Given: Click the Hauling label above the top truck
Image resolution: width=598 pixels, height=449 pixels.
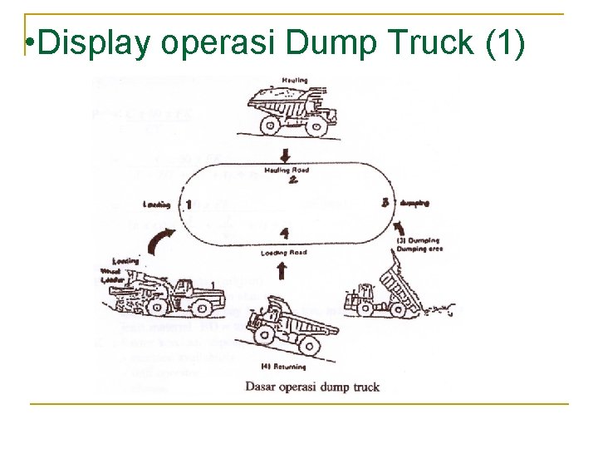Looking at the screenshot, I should click(x=295, y=81).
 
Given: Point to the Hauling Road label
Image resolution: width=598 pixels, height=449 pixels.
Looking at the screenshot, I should click(x=286, y=170).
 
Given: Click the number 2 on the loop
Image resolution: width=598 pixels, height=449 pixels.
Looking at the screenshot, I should click(x=292, y=182).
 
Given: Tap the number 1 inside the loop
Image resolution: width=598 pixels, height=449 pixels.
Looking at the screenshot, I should click(x=189, y=205).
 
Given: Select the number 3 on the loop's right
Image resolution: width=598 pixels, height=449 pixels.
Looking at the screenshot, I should click(x=385, y=202).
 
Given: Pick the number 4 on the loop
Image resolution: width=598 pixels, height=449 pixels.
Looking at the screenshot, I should click(x=285, y=234).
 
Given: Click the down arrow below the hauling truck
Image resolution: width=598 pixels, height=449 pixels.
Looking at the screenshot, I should click(x=285, y=155).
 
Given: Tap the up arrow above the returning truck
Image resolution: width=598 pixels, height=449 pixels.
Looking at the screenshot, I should click(x=282, y=270).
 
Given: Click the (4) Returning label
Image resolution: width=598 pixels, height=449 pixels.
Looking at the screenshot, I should click(x=283, y=366).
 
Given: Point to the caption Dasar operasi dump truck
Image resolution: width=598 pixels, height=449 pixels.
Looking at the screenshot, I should click(x=311, y=387).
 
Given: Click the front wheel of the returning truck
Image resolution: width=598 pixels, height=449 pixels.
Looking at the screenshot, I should click(x=265, y=336).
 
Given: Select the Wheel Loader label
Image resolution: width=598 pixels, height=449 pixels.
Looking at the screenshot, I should click(x=110, y=275).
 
